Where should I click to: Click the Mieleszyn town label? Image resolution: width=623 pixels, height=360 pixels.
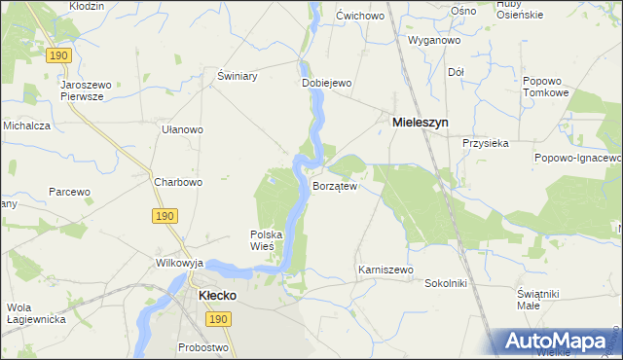point(420,124)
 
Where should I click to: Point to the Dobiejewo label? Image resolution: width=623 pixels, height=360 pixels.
point(325,84)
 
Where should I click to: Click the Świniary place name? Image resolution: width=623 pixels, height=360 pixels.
point(237,76)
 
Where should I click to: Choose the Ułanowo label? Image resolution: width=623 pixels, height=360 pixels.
point(182,129)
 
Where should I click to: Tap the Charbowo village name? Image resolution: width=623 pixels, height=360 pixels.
point(178,182)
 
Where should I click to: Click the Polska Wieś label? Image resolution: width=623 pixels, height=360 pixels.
point(266,240)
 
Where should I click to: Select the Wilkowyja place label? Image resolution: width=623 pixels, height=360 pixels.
point(179,263)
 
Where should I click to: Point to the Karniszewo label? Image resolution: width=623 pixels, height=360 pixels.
point(386,270)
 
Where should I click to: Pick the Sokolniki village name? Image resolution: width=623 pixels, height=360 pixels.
point(447,283)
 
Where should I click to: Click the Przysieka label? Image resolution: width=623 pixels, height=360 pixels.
point(487,143)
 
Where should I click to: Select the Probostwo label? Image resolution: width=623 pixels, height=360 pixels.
point(202,347)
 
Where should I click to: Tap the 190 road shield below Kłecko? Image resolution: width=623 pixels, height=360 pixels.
point(219,318)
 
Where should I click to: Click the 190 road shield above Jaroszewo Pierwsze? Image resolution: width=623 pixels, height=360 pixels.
point(58,57)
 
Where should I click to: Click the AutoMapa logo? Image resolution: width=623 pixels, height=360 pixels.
point(560,342)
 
